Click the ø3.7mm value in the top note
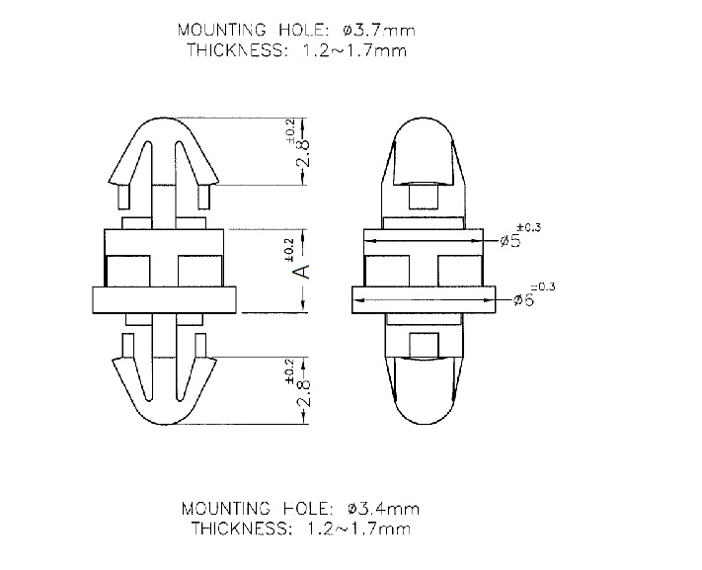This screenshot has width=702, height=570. [x=379, y=31]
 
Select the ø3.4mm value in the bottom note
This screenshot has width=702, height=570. [x=383, y=509]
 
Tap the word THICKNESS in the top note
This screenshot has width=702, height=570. [x=237, y=49]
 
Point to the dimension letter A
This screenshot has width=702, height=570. [x=302, y=271]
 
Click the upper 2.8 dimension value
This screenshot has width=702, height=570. [x=302, y=153]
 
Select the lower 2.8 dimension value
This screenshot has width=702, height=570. [x=302, y=392]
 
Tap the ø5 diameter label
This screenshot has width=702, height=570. [x=511, y=241]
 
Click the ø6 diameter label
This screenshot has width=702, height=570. [x=524, y=299]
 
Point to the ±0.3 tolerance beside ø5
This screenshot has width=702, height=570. [x=529, y=227]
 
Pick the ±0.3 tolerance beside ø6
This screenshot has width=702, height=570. [x=543, y=286]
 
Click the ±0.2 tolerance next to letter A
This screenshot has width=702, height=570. [x=288, y=250]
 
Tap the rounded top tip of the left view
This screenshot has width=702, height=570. [x=163, y=119]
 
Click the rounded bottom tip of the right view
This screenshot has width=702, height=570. [x=424, y=423]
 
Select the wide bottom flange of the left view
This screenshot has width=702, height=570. [x=164, y=299]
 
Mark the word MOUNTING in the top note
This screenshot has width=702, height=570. [x=221, y=30]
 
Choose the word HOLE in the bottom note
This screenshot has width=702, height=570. [x=309, y=509]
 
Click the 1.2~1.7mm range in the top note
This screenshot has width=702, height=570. [x=354, y=50]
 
